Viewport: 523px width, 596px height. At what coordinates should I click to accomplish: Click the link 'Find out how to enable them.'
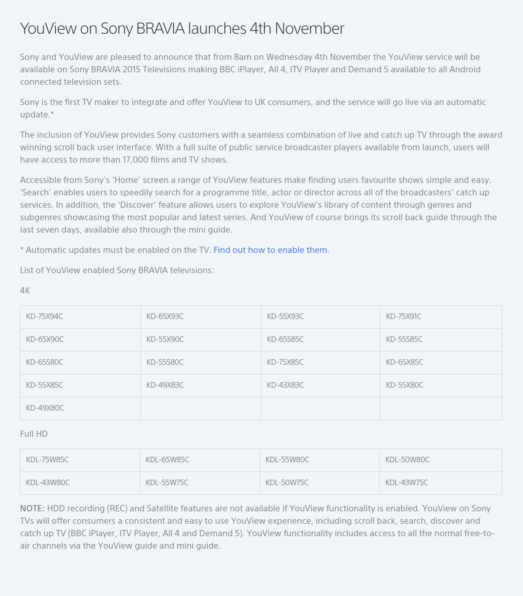(x=271, y=250)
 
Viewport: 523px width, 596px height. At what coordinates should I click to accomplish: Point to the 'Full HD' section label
(x=34, y=434)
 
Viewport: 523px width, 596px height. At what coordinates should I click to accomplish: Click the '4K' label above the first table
(x=25, y=291)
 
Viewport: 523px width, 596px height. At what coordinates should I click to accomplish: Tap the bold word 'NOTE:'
(x=32, y=508)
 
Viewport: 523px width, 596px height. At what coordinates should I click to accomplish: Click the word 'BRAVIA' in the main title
(x=160, y=28)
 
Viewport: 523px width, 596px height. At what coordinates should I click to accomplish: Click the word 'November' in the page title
(x=309, y=28)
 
